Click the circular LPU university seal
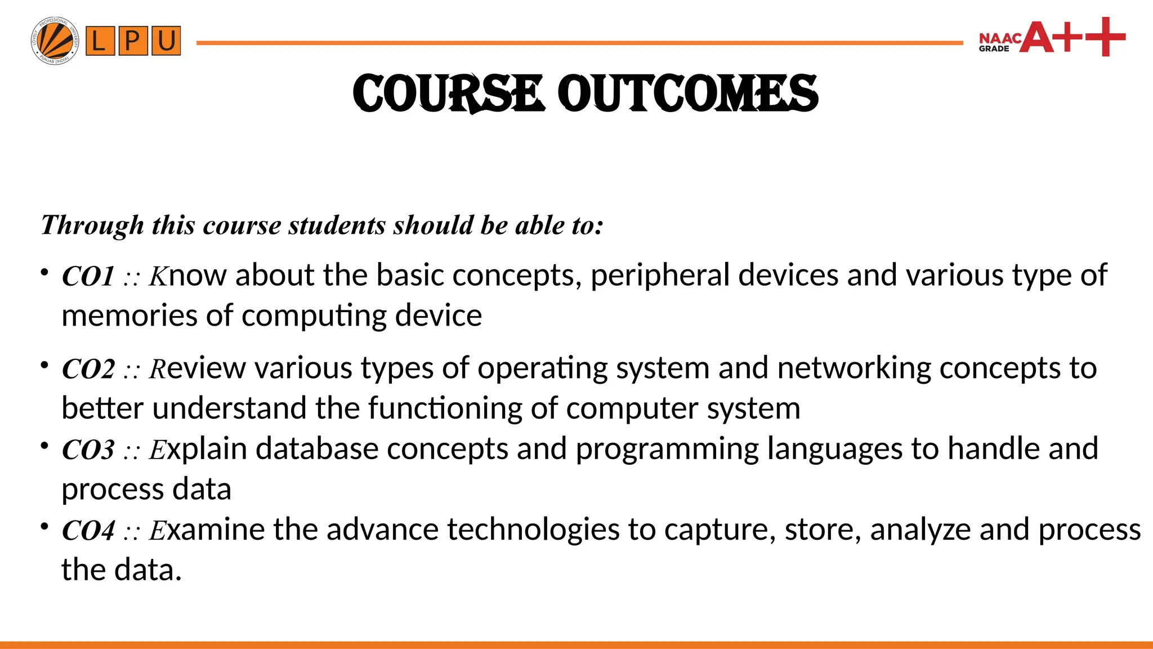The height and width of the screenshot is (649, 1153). point(55,41)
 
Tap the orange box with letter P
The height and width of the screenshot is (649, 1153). point(133,41)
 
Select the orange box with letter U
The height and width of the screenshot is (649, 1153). point(166,41)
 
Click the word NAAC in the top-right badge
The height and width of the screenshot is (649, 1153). point(1000,38)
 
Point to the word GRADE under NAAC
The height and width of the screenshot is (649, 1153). point(994,49)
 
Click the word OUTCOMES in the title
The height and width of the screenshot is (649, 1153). point(687,93)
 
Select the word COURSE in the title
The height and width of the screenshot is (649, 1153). point(448,93)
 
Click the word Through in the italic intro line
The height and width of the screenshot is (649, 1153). point(92,225)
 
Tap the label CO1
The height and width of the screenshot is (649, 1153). point(88,277)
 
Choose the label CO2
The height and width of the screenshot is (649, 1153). point(88,370)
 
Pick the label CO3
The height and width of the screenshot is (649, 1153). point(88,450)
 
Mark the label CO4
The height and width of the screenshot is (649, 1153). point(88,531)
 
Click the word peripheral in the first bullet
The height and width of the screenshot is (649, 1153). point(660,276)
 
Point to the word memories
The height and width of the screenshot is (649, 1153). point(129,315)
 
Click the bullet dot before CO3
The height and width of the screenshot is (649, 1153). point(44,446)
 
